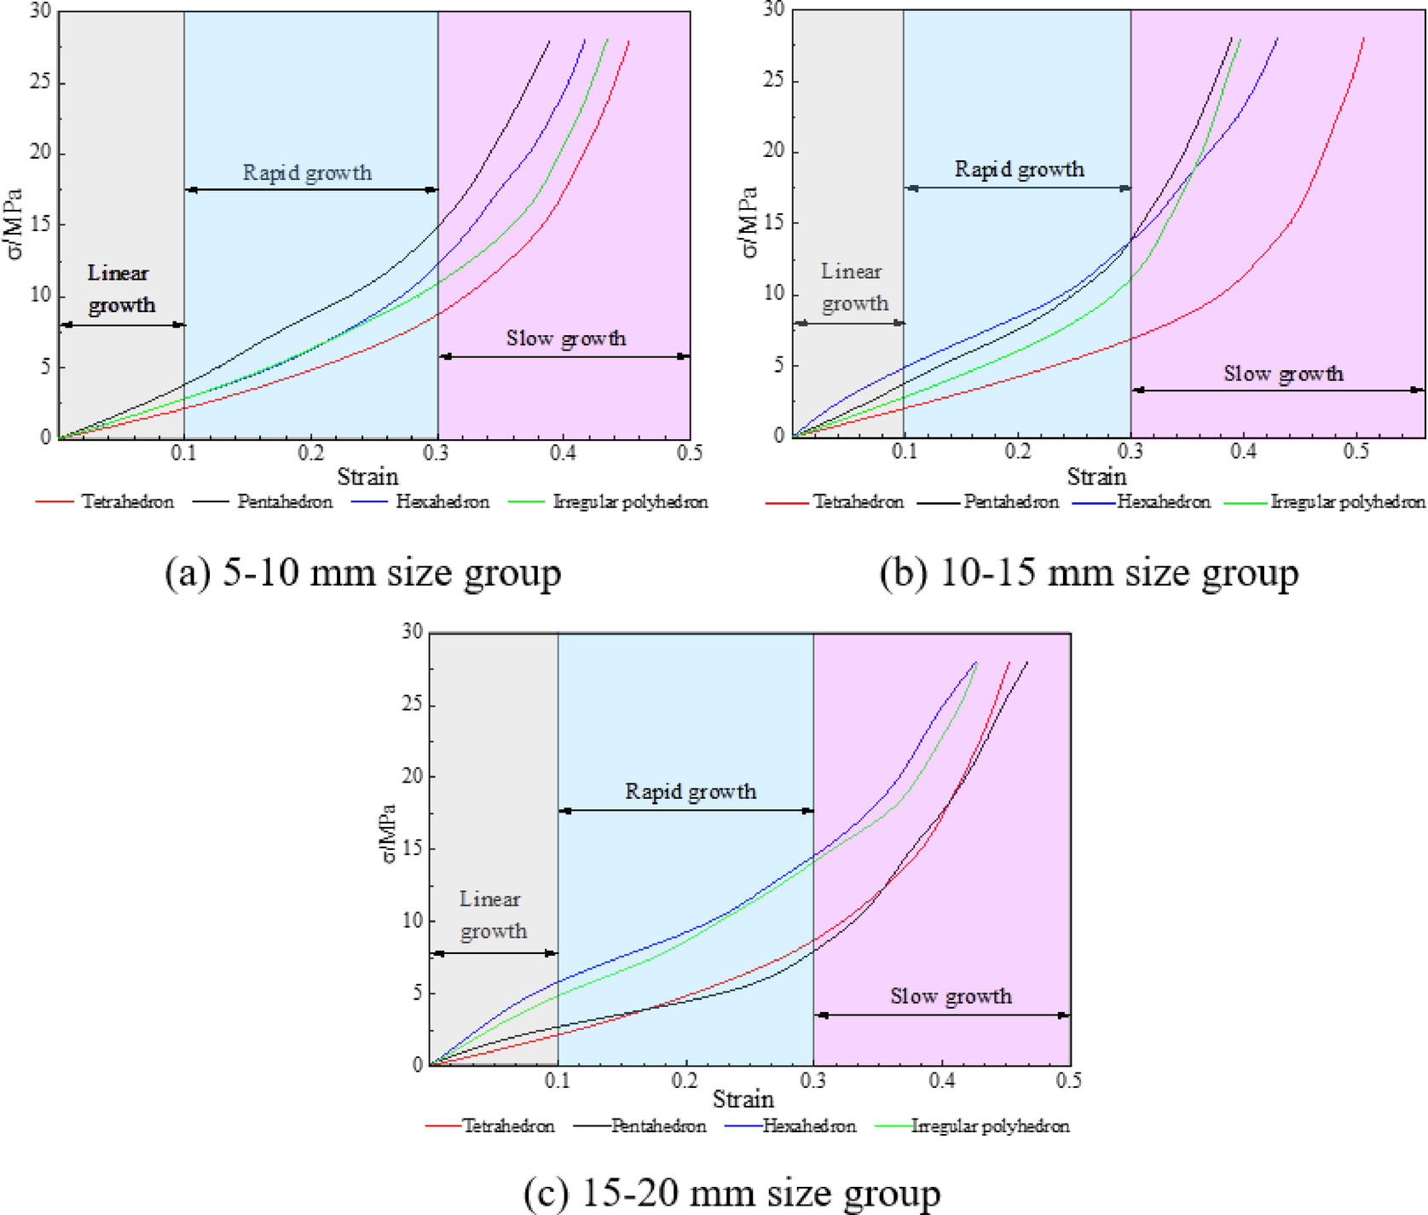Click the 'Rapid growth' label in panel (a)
pos(307,173)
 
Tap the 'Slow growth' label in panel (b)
pos(1283,373)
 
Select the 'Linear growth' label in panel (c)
pos(492,915)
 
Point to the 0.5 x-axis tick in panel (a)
pos(690,454)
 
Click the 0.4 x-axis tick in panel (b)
pos(1243,452)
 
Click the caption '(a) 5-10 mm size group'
pos(362,572)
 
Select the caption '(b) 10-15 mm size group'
pos(1089,572)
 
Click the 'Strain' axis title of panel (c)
pos(743,1099)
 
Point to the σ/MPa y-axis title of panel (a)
pos(15,223)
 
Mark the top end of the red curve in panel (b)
pos(1363,38)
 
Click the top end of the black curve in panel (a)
pos(549,41)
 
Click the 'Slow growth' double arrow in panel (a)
pos(564,357)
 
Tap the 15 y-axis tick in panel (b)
pos(773,223)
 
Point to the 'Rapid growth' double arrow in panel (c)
pos(686,811)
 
